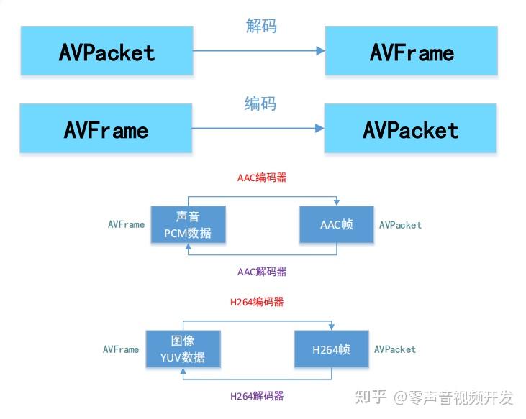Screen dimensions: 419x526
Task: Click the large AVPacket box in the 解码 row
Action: click(106, 51)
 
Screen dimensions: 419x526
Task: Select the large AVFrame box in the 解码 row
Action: click(412, 51)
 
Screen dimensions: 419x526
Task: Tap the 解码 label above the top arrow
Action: click(260, 27)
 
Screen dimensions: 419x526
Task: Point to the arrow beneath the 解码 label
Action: click(259, 50)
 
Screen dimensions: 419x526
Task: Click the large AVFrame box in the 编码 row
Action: click(106, 129)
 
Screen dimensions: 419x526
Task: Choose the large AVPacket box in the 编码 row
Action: click(410, 129)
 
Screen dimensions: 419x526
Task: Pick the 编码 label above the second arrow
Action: click(260, 104)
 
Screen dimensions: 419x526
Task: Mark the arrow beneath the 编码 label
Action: click(258, 129)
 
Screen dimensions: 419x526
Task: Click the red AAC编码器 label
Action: click(262, 178)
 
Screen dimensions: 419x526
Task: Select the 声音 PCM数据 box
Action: click(188, 225)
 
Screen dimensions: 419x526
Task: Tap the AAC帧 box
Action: click(337, 225)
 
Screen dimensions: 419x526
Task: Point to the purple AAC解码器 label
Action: click(262, 272)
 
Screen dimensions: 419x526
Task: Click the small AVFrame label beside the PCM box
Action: click(126, 224)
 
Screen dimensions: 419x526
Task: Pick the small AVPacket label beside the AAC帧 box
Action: click(400, 225)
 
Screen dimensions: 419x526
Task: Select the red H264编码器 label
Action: click(257, 302)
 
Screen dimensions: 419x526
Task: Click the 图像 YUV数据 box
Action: click(183, 349)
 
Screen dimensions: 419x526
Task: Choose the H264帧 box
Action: click(331, 349)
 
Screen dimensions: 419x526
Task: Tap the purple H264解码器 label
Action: click(257, 396)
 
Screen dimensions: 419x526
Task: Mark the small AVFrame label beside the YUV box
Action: click(121, 349)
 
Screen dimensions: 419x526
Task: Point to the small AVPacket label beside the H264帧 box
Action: click(394, 349)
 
